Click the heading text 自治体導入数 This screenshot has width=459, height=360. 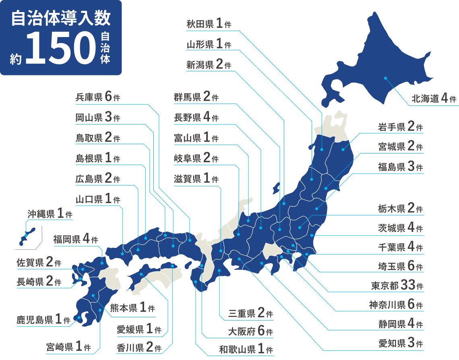(x=61, y=18)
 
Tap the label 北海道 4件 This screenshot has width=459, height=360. (x=434, y=99)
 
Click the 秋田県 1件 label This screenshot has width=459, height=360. (x=209, y=24)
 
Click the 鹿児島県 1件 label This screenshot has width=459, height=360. (x=43, y=320)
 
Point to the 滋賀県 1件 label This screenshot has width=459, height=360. (x=196, y=179)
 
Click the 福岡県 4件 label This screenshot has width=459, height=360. (x=76, y=239)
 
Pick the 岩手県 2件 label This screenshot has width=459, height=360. (x=400, y=127)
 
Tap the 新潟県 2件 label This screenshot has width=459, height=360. (x=209, y=65)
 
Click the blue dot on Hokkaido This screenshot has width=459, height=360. (x=385, y=78)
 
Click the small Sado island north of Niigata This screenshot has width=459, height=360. (x=276, y=188)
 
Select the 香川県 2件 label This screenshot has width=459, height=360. (x=139, y=348)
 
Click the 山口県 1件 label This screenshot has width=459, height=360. (x=98, y=199)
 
